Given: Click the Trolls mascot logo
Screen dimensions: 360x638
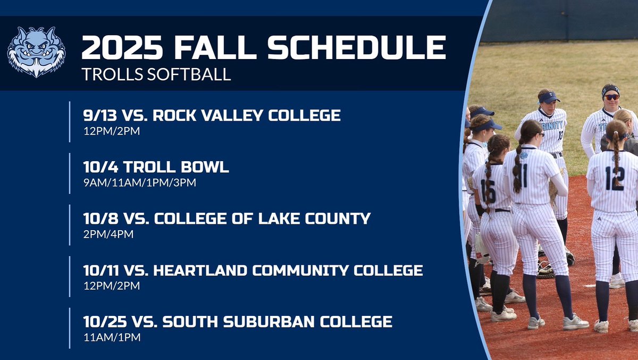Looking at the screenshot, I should pyautogui.click(x=36, y=52).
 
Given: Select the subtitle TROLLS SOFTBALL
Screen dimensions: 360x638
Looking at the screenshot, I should pyautogui.click(x=156, y=74).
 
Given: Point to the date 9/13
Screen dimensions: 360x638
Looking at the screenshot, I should pyautogui.click(x=98, y=115).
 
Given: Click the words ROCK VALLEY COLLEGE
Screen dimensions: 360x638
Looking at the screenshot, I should pyautogui.click(x=247, y=115).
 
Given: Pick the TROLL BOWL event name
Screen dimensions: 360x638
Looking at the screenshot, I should pyautogui.click(x=176, y=167).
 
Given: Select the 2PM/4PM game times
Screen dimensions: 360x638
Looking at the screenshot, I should pyautogui.click(x=108, y=234).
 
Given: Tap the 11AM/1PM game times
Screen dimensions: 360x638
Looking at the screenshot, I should pyautogui.click(x=112, y=337).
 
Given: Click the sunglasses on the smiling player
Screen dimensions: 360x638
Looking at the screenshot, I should pyautogui.click(x=611, y=97).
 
